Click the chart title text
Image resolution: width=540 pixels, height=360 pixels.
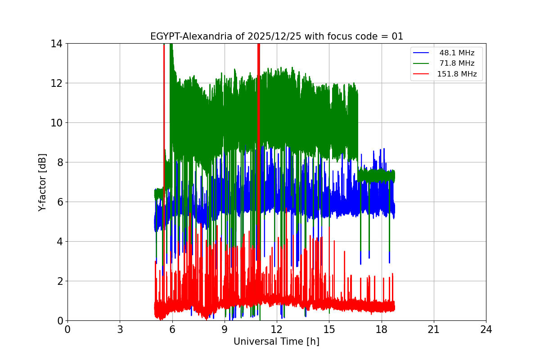coord(276,36)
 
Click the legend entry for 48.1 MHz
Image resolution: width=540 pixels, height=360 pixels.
coord(457,53)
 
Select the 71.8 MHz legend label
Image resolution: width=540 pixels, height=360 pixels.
coord(457,63)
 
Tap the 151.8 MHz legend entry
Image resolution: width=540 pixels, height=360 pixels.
coord(457,74)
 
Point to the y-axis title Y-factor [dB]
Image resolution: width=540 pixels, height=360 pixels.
coord(42,182)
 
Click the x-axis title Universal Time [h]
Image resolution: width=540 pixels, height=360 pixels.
coord(276,342)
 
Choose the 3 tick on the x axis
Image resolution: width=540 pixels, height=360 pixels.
coord(120,329)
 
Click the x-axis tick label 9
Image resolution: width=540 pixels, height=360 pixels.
coord(224,329)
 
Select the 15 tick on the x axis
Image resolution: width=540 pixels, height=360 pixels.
coord(329,329)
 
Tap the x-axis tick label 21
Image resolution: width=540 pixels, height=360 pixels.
coord(433,329)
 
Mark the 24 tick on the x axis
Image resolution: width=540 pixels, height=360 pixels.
coord(486,329)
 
